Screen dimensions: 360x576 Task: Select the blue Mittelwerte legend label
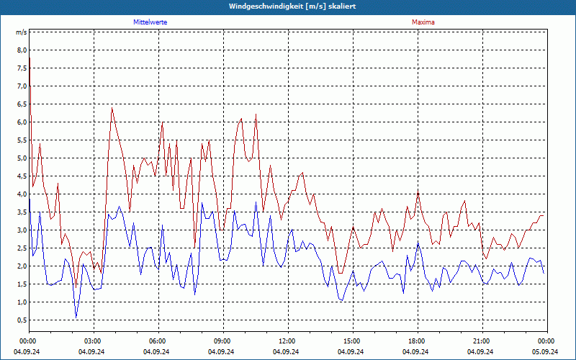coord(150,22)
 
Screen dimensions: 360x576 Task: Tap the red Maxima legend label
coord(423,22)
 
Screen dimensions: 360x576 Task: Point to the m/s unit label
coord(22,32)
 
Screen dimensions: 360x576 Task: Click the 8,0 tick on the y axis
coord(22,50)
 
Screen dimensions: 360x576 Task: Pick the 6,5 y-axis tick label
coord(22,104)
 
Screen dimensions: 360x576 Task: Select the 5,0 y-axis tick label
coord(22,158)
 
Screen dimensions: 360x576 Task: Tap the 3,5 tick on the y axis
coord(22,212)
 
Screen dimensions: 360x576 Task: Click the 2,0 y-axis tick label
coord(22,266)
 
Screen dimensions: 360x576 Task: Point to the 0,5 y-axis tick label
coord(22,320)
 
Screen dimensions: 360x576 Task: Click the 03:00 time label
coord(92,341)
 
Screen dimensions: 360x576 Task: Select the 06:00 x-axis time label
coord(157,341)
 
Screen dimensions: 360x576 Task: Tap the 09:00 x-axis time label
coord(222,341)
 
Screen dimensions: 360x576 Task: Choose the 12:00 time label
coord(287,341)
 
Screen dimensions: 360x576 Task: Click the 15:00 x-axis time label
coord(351,341)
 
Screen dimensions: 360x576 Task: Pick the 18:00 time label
coord(416,341)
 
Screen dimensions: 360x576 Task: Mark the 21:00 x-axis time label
coord(481,341)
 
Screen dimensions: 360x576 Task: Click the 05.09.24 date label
coord(546,352)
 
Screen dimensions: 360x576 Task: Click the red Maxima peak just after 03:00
coord(112,108)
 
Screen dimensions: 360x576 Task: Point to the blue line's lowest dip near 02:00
coord(76,317)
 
